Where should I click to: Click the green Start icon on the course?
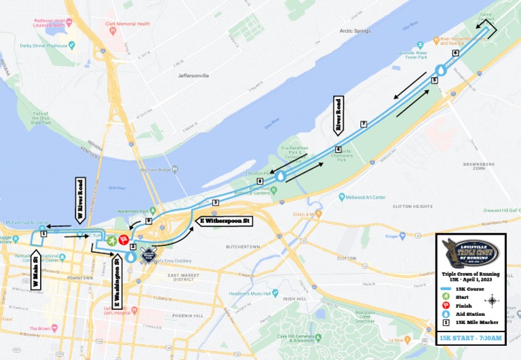point(111,238)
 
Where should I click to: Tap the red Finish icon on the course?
point(123,239)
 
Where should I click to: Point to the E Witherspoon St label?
point(225,221)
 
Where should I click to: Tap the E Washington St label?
point(117,279)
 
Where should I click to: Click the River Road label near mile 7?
point(338,114)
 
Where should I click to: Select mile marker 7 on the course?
point(364,123)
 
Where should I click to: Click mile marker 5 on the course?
point(435,80)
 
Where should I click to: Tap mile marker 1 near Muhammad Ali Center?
point(43,233)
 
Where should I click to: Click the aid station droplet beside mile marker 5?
point(441,70)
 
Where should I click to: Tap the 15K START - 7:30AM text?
point(470,338)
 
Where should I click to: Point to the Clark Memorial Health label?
point(127,24)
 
